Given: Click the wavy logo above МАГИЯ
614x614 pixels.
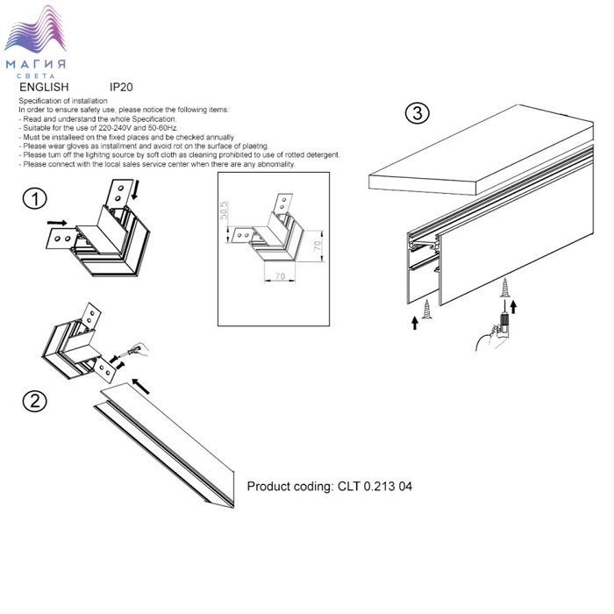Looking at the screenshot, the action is [x=35, y=29].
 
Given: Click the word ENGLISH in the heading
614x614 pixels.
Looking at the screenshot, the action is [x=44, y=87].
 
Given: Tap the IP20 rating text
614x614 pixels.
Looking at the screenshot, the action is [x=121, y=87].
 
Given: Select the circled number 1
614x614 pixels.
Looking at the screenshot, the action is [x=35, y=198].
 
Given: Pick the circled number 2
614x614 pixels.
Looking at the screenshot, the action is [x=35, y=402].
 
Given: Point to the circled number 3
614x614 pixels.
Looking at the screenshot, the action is [x=417, y=113].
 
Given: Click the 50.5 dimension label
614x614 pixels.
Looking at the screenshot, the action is [x=224, y=211].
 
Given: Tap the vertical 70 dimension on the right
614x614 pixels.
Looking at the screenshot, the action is [x=318, y=246].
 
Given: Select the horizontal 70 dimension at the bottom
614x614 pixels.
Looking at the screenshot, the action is [x=280, y=276].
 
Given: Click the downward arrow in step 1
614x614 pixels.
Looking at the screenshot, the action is [x=135, y=189].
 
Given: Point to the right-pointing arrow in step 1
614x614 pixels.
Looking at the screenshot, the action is [x=57, y=223].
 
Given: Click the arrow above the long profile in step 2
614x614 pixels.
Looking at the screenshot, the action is [x=141, y=387].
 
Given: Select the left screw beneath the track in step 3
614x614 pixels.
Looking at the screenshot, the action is [x=426, y=310].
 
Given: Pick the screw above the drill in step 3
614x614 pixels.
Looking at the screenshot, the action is [x=505, y=287].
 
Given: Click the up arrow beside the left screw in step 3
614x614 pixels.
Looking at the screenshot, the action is [x=415, y=324].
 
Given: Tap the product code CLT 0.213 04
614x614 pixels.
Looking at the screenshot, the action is [x=375, y=486].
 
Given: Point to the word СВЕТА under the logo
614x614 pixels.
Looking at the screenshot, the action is [x=36, y=75].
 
